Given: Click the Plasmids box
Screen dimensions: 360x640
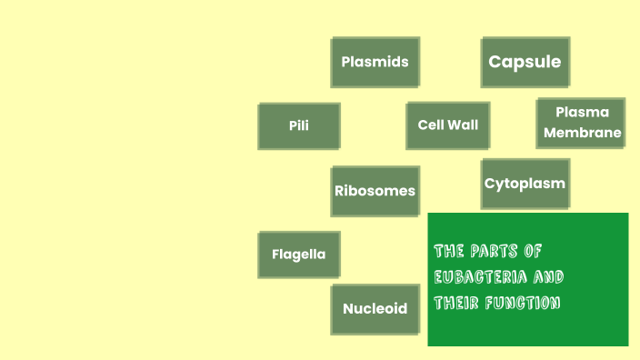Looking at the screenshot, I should [x=375, y=62].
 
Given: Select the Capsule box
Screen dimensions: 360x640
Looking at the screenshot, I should [x=525, y=62].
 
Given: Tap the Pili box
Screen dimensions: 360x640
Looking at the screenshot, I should [x=299, y=125].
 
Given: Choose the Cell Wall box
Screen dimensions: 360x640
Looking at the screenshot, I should [x=447, y=125].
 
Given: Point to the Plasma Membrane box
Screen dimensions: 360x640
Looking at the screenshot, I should [x=581, y=123].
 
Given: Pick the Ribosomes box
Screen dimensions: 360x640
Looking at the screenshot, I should [x=375, y=191].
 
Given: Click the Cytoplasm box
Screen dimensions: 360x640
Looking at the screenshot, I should [x=525, y=184].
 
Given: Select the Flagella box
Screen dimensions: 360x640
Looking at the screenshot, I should [x=298, y=255].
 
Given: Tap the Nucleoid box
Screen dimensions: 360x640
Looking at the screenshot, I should [x=375, y=308].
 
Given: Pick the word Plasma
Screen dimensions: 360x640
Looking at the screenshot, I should [x=582, y=113].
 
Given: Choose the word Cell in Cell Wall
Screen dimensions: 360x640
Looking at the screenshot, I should [x=431, y=125].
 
